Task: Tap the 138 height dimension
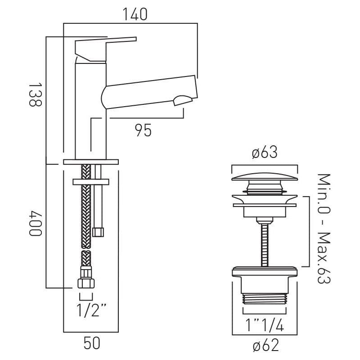point(35,94)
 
